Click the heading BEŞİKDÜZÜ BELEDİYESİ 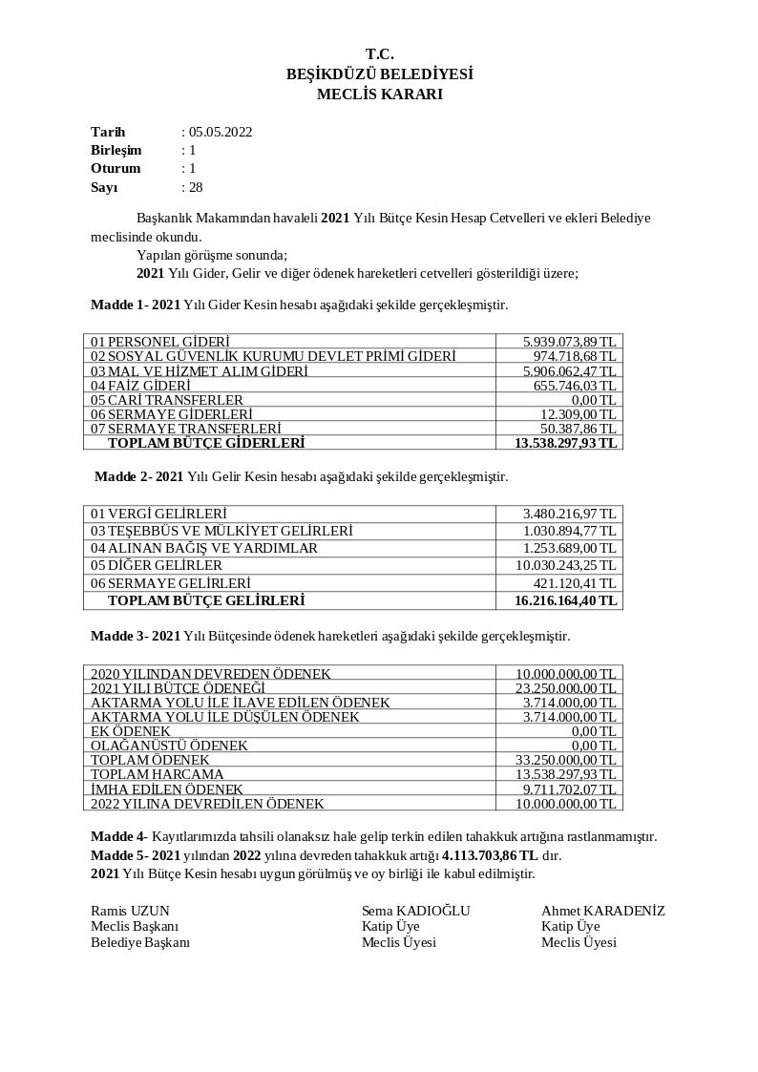pyautogui.click(x=379, y=74)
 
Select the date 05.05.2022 pyautogui.click(x=221, y=133)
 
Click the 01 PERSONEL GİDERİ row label pyautogui.click(x=160, y=342)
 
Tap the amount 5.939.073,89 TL pyautogui.click(x=569, y=342)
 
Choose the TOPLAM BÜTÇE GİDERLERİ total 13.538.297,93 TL pyautogui.click(x=565, y=443)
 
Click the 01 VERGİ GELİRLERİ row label pyautogui.click(x=158, y=514)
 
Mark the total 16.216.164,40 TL pyautogui.click(x=565, y=600)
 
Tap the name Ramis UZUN pyautogui.click(x=130, y=911)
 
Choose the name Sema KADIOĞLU pyautogui.click(x=415, y=911)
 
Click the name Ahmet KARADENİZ pyautogui.click(x=602, y=911)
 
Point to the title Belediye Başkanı pyautogui.click(x=140, y=942)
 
